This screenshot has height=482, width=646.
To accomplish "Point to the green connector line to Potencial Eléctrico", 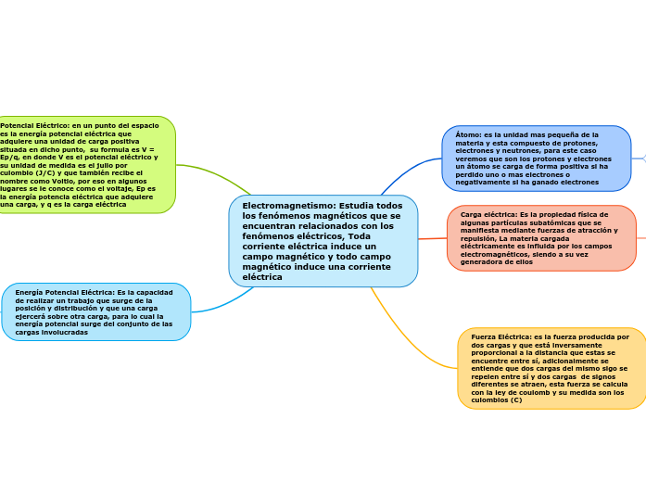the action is (x=213, y=172).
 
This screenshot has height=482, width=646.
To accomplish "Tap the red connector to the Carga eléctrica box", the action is (x=432, y=239).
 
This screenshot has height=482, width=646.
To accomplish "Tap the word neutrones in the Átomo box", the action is (x=513, y=150).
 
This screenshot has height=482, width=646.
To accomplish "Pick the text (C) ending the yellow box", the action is (x=515, y=400).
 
